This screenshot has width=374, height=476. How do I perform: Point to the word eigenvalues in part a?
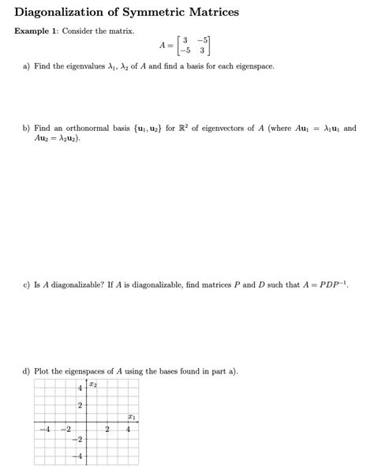[96, 67]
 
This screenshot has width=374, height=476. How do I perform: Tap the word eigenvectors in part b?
[237, 128]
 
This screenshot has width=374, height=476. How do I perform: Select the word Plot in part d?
[43, 370]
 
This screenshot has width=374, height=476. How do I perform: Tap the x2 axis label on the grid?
[94, 385]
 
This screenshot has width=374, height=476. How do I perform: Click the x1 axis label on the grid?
[132, 417]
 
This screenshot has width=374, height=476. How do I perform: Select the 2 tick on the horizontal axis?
[107, 430]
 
